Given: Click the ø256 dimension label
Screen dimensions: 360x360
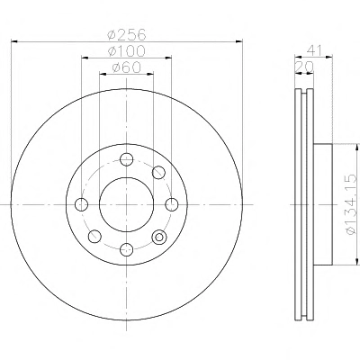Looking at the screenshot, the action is pos(127,34).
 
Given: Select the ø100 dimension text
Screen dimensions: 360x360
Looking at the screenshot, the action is pos(127,51).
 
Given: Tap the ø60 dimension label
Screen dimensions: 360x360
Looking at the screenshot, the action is pos(127,67).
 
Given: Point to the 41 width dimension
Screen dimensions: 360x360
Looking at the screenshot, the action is pos(314,50).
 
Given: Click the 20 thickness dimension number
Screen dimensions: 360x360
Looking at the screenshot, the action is pos(304,67).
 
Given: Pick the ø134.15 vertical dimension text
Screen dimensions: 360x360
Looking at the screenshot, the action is pos(351,205).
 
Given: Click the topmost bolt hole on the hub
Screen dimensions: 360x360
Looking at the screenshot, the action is pos(126,159).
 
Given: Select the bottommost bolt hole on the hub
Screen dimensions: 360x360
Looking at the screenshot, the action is pos(126,249).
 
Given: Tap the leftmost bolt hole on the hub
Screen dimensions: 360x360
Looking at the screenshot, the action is pos(81,204).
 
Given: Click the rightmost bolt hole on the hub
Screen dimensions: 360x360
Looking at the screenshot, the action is pos(172,204).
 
